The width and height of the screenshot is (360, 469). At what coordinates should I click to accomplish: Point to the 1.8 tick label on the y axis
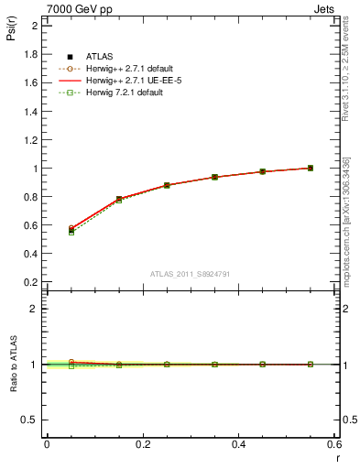(30, 54)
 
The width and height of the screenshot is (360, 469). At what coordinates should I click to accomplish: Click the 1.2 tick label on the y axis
(30, 140)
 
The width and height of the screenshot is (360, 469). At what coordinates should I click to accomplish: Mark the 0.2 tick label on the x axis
(142, 444)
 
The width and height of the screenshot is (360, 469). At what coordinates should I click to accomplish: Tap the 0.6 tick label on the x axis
(334, 444)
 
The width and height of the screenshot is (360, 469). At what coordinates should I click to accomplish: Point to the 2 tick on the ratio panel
(33, 309)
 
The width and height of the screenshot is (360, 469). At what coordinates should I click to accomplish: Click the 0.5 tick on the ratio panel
(30, 420)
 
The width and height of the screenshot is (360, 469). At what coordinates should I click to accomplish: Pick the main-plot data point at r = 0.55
(311, 168)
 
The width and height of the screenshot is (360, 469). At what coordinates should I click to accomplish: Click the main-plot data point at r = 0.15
(119, 199)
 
